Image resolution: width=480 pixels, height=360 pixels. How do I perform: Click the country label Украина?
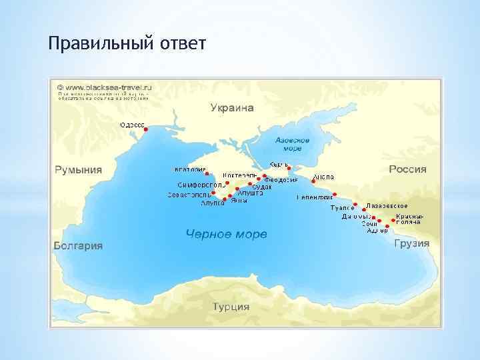pyautogui.click(x=233, y=107)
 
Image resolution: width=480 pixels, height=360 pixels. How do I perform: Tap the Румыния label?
pyautogui.click(x=78, y=169)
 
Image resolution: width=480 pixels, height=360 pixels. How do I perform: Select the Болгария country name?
pyautogui.click(x=78, y=245)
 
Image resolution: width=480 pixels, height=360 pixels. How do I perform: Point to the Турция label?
pyautogui.click(x=231, y=307)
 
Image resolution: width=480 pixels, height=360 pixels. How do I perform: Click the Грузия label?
pyautogui.click(x=411, y=243)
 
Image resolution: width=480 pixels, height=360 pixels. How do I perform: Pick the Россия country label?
pyautogui.click(x=407, y=169)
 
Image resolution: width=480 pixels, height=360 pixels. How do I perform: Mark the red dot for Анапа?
pyautogui.click(x=314, y=181)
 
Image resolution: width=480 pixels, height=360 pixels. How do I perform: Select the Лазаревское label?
pyautogui.click(x=387, y=206)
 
